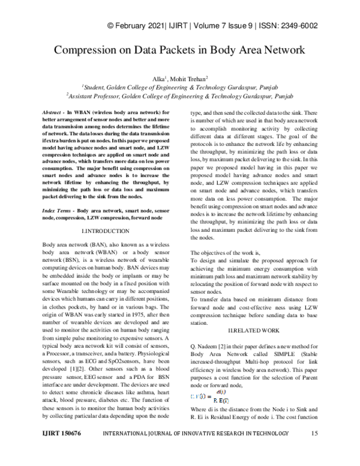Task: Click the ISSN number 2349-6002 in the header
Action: point(300,26)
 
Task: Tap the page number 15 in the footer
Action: point(314,450)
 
